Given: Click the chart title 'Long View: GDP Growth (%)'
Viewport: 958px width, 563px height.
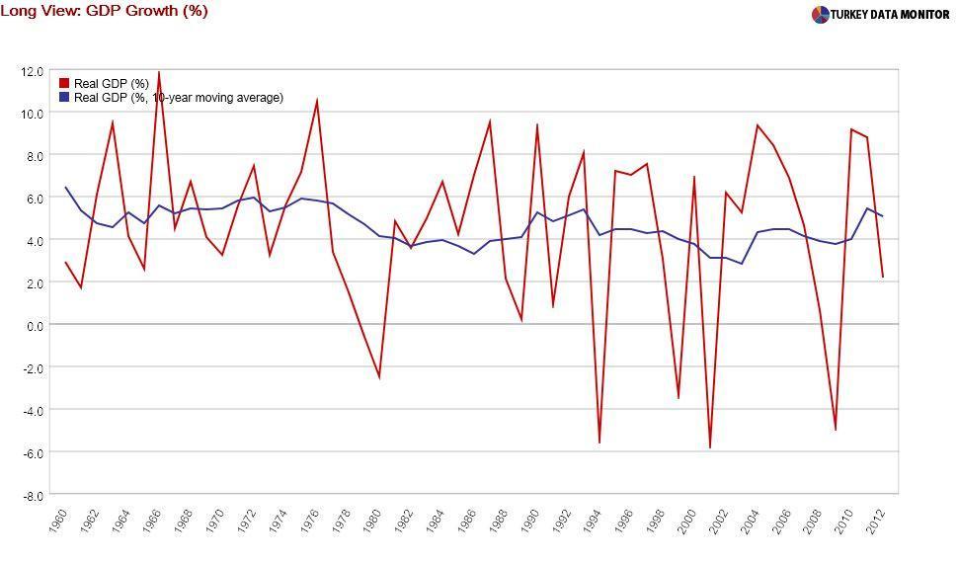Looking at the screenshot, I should [x=104, y=11].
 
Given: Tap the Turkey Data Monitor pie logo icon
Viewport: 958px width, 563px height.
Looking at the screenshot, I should [x=820, y=15].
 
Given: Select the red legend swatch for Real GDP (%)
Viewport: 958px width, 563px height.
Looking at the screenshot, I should [x=64, y=84].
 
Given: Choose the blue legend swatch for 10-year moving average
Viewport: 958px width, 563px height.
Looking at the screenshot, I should [x=64, y=98].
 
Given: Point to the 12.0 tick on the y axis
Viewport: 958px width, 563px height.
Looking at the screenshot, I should [x=32, y=71].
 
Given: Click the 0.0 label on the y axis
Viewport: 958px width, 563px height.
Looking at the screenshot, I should [x=35, y=325].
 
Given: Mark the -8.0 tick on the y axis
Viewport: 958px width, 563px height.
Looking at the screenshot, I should [x=33, y=495].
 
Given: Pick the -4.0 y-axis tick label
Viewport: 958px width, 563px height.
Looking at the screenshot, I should [x=33, y=410].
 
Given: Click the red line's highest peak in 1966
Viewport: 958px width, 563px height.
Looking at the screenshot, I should [x=159, y=72].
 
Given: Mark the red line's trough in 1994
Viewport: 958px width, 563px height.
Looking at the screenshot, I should [x=599, y=442].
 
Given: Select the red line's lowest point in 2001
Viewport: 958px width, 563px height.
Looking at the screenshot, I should [x=709, y=447].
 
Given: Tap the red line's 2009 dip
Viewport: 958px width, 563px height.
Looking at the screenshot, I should [x=836, y=430].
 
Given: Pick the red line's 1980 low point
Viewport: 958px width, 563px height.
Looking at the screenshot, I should [x=379, y=376].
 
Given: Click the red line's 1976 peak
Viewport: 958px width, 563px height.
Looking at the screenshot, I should [x=316, y=100].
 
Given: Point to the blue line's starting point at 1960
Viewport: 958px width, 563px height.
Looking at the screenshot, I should [x=65, y=188].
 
